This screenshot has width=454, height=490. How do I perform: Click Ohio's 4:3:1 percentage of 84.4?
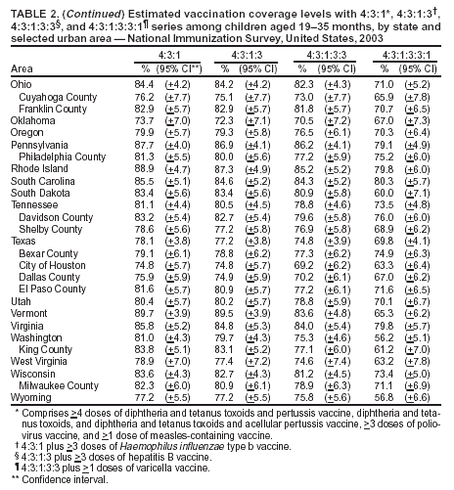143,83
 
